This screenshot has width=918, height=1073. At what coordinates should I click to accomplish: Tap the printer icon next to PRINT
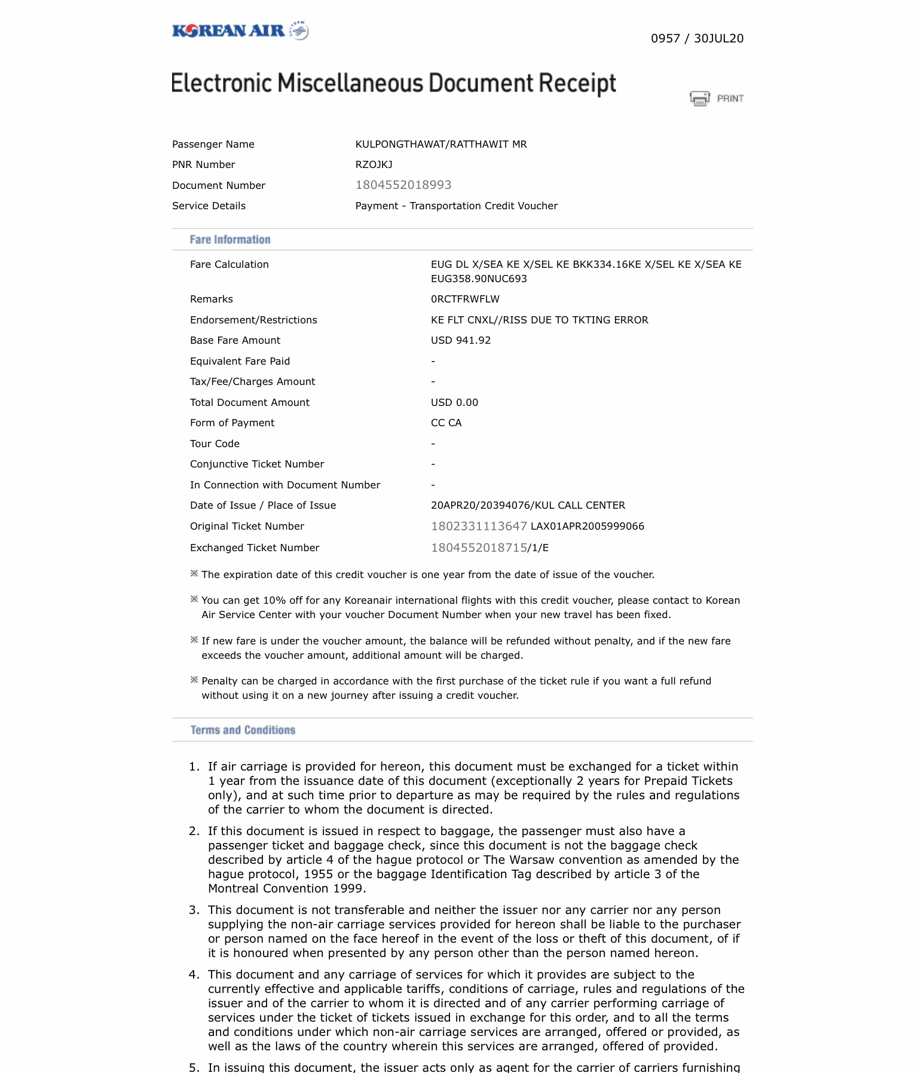699,98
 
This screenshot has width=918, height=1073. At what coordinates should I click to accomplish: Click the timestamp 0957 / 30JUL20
697,39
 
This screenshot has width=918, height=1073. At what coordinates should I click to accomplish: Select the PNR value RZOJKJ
374,164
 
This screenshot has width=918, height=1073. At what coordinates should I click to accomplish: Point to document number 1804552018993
403,185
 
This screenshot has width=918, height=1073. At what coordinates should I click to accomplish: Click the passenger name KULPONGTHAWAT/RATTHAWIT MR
441,144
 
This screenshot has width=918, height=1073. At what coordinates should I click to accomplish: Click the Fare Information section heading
230,240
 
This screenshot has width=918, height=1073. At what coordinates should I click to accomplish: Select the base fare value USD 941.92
461,340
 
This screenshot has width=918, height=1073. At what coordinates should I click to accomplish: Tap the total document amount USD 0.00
454,402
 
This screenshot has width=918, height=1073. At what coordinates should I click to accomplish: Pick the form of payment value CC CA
446,423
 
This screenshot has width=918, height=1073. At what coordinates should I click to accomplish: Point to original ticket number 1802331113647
479,526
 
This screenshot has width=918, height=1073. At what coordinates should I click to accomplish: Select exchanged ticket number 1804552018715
479,548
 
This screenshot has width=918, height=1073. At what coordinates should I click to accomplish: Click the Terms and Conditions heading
243,730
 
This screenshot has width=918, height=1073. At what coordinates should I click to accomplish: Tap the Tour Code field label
215,444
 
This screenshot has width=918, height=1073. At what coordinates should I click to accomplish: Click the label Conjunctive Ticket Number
257,464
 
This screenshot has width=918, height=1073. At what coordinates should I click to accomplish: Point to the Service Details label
209,206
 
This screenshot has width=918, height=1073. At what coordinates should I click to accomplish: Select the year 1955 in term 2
319,874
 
